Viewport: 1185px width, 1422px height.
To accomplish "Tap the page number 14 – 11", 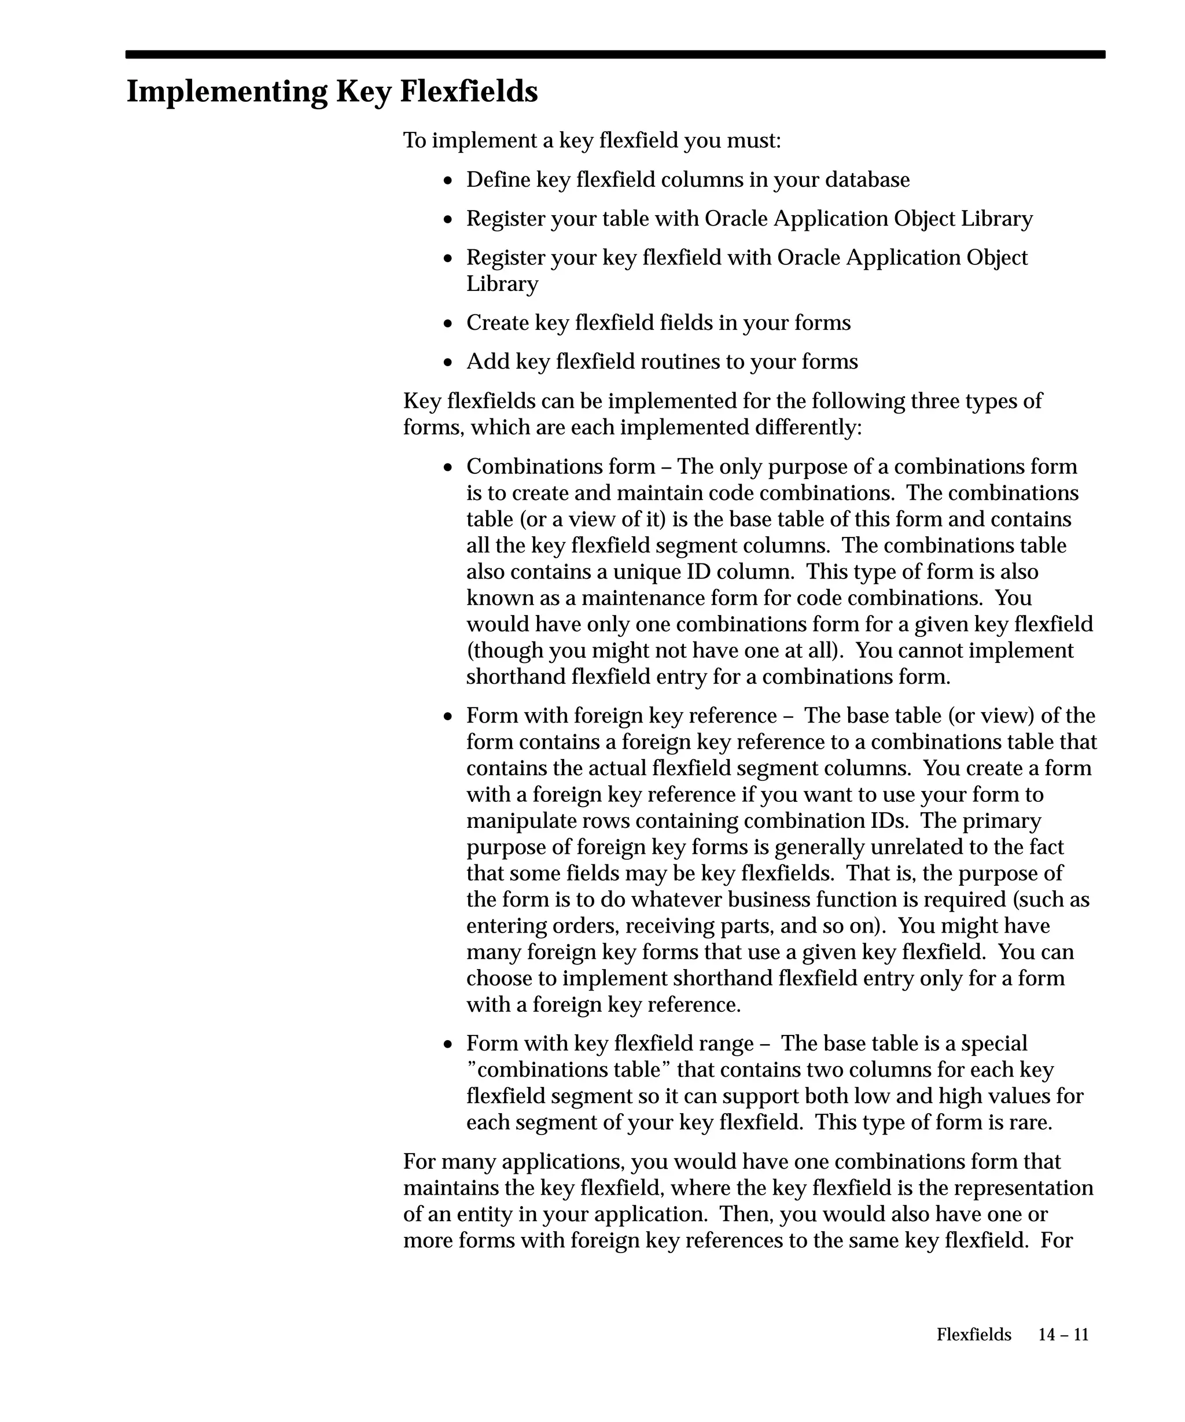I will pos(1063,1334).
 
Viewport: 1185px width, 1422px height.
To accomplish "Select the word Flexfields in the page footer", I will pos(974,1334).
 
